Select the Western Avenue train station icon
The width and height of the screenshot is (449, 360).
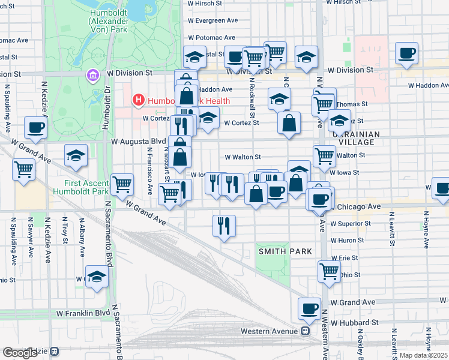pos(306,331)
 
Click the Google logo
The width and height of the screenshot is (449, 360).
pos(19,353)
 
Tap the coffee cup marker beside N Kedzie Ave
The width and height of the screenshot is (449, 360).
pos(35,128)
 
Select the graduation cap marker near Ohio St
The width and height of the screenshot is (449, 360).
pos(96,277)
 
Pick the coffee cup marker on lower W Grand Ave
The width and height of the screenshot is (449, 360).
pos(310,308)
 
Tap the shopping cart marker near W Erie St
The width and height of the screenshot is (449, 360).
pos(329,271)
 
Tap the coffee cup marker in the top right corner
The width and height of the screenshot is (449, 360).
pos(406,53)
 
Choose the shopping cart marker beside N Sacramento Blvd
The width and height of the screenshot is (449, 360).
pos(122,184)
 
